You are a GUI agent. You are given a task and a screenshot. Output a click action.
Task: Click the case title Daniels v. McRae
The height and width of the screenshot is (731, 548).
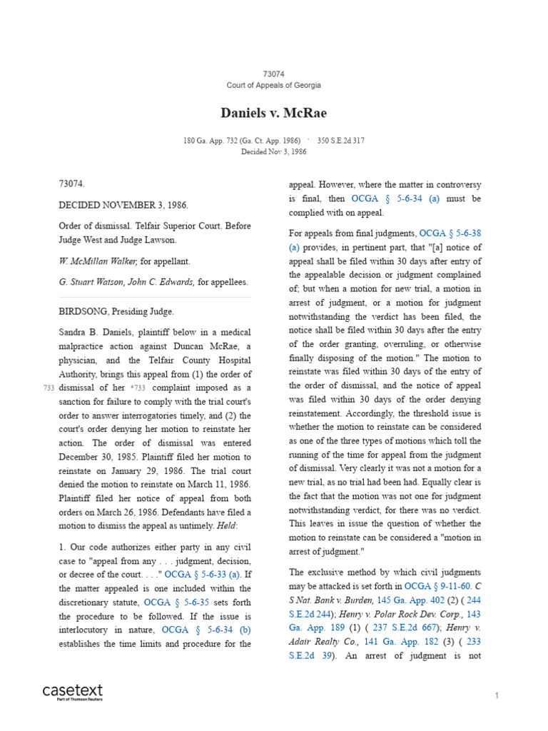pos(273,113)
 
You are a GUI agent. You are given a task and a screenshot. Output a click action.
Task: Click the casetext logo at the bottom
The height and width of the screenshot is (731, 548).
pos(72,692)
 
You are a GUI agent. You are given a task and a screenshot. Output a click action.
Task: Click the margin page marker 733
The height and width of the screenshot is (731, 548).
pos(49,388)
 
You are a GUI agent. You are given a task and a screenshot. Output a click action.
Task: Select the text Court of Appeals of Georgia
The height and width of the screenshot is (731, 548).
pos(273,85)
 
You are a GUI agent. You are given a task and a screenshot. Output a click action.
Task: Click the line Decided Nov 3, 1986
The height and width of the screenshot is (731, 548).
pos(273,151)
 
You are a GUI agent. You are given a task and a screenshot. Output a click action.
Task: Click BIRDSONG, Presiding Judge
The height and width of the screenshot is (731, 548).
pos(115,311)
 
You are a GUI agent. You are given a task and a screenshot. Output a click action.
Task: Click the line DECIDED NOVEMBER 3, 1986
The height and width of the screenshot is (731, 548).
pos(123,205)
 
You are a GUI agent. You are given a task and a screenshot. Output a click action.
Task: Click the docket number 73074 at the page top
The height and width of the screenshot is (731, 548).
pos(273,74)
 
